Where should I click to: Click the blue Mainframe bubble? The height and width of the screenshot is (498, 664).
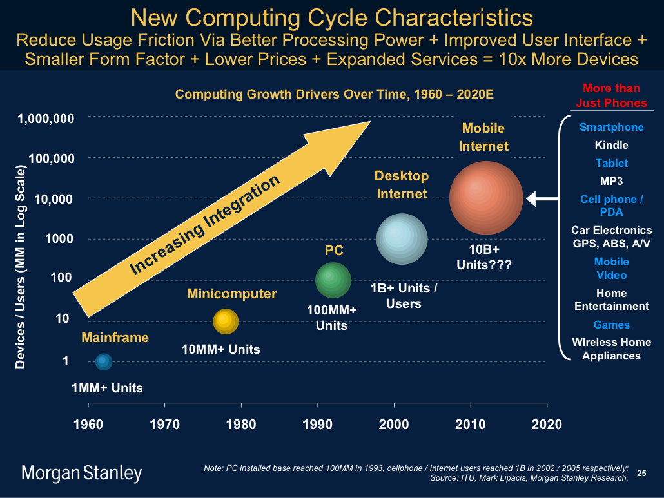coord(103,362)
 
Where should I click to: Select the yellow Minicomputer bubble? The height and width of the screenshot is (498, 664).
coord(225,321)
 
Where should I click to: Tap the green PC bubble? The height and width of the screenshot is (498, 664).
coord(333,280)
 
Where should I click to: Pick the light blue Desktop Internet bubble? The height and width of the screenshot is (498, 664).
coord(402,238)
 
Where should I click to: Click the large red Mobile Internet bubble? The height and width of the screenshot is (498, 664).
coord(486,197)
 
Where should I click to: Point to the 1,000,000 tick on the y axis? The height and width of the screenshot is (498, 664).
coord(50,119)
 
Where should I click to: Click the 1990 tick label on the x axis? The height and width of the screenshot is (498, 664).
coord(317,425)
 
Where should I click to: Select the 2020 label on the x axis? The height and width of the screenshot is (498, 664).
coord(547,425)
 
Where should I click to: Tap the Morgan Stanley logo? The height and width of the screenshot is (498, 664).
coord(82,474)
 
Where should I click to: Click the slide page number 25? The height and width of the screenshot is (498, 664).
coord(641,474)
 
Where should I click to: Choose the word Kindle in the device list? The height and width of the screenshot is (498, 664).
coord(611,145)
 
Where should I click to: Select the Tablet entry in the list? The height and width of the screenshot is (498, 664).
coord(611,163)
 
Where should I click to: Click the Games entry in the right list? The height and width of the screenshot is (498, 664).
coord(611,325)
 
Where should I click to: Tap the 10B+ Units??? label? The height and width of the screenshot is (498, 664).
coord(483,256)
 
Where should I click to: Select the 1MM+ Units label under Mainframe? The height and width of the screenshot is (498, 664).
coord(107,388)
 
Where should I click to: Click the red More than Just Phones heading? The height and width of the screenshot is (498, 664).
coord(611,95)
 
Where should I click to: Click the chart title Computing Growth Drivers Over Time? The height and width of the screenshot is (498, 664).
coord(335,94)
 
